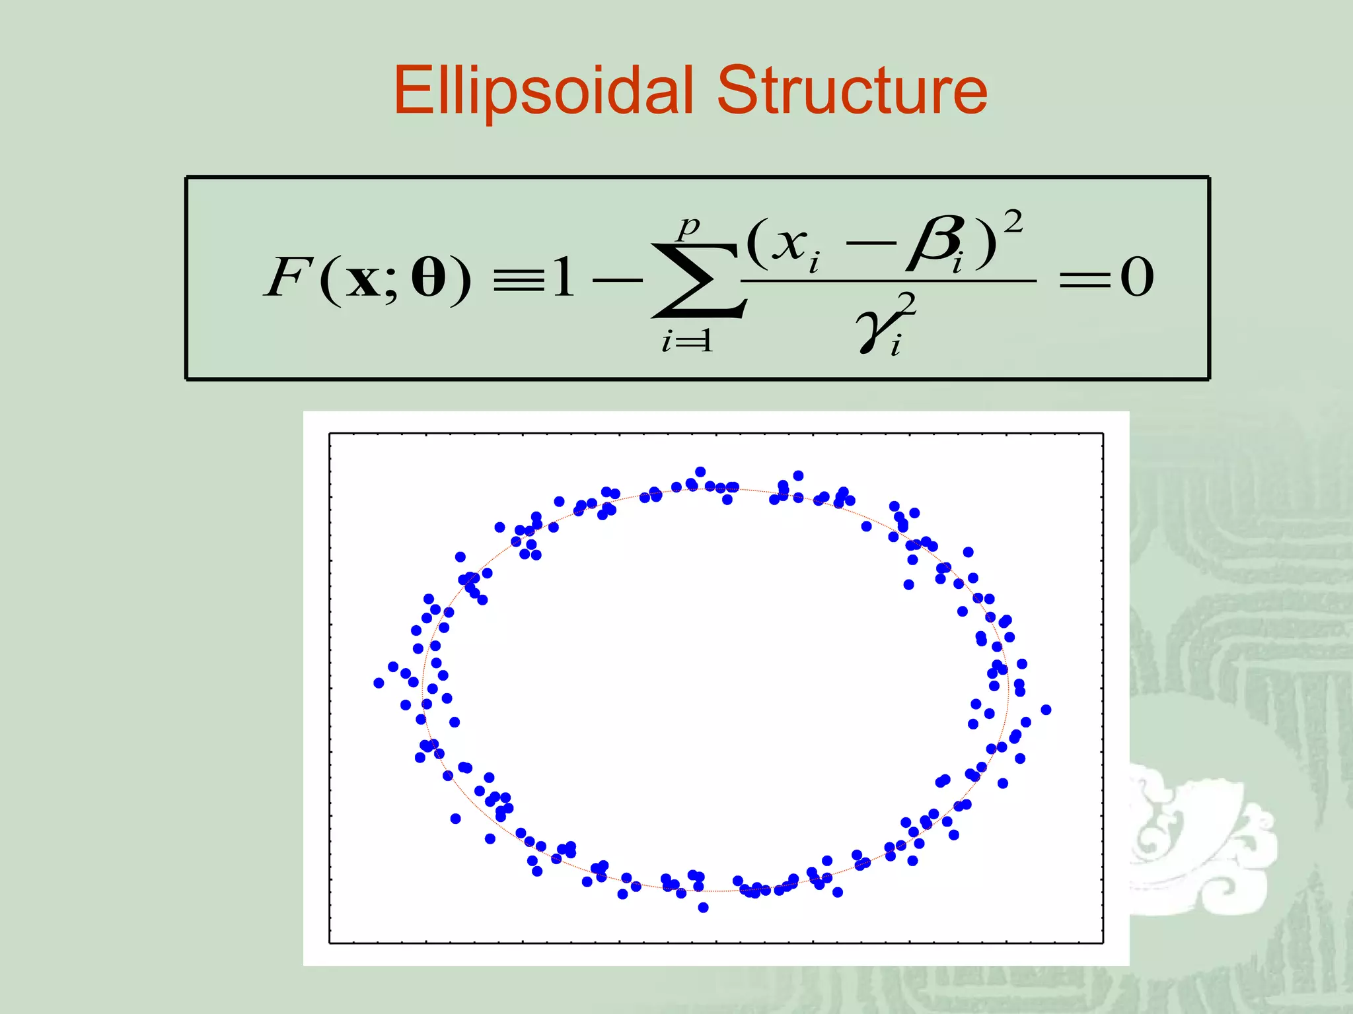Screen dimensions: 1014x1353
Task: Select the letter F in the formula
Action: pos(286,278)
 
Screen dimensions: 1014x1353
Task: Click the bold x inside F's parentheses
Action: pos(363,280)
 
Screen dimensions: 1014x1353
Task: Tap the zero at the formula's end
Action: pos(1136,278)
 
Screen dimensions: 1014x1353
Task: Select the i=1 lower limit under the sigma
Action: pos(687,341)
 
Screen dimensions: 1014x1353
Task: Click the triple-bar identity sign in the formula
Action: pos(519,281)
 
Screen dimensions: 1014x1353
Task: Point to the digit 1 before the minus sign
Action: pos(564,278)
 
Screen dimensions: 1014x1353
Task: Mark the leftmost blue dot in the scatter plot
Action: pos(379,683)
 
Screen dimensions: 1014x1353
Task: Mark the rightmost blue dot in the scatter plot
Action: pos(1046,710)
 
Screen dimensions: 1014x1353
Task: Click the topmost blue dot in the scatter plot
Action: pos(700,471)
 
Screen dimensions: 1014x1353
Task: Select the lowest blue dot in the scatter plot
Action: pos(703,908)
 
